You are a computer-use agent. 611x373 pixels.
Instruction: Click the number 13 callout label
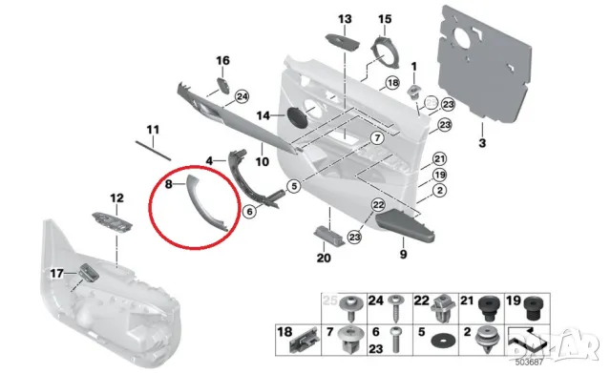point(345,19)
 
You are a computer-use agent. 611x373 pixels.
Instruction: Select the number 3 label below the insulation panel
point(482,143)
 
